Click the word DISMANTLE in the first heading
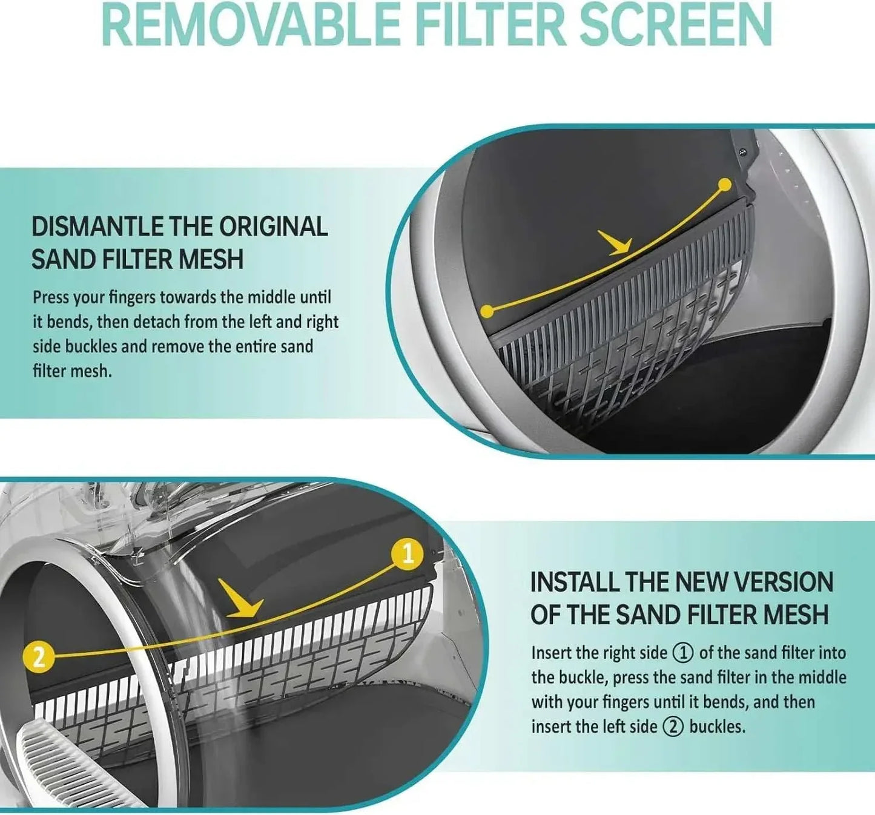pos(97,227)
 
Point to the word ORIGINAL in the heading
pos(273,227)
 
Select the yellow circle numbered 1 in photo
pos(408,554)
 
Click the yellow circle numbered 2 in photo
pos(39,656)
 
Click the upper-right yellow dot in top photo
pos(724,185)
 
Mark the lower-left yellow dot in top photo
pos(486,311)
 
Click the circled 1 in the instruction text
pos(683,653)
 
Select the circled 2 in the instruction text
pos(672,727)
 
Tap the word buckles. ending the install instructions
pos(717,727)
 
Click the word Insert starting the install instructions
pos(552,653)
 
